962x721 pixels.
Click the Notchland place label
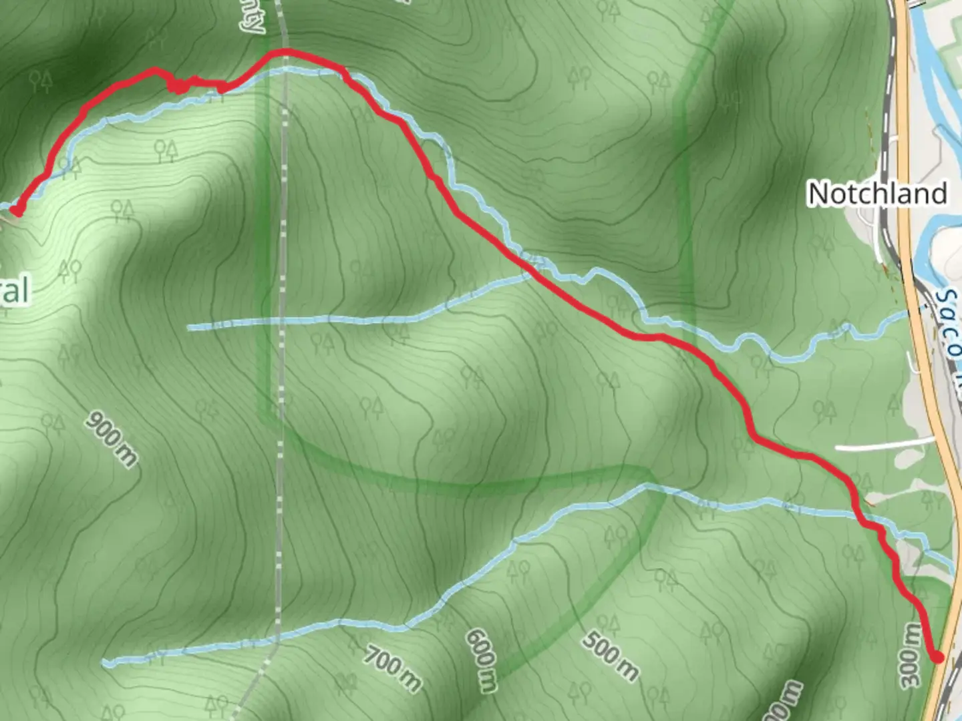877,194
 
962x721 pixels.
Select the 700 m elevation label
393,669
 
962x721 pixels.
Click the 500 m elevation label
609,655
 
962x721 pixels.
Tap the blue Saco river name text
949,314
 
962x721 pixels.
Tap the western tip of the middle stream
190,327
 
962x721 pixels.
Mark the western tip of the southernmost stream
106,663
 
